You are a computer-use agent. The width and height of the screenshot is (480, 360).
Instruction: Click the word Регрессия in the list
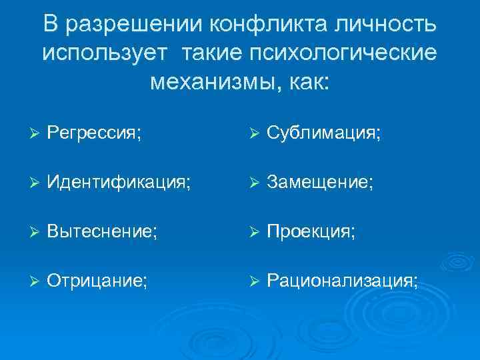[93, 135]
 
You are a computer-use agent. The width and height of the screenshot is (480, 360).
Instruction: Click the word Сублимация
[323, 135]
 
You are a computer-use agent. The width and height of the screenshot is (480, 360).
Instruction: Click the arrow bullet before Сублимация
[253, 135]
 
